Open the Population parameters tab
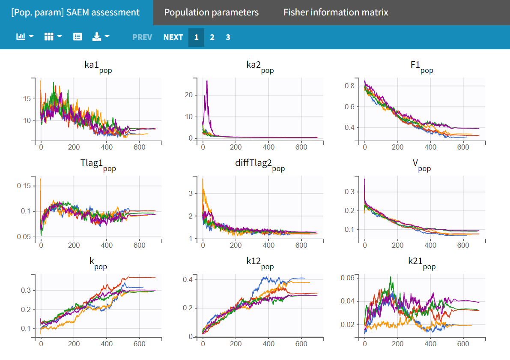211,12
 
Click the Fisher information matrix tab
336,12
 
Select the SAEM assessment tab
76,12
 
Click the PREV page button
142,37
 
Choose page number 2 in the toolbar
212,37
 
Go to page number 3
228,37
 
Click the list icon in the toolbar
78,37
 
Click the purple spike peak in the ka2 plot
207,81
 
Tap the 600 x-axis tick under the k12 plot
301,344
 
